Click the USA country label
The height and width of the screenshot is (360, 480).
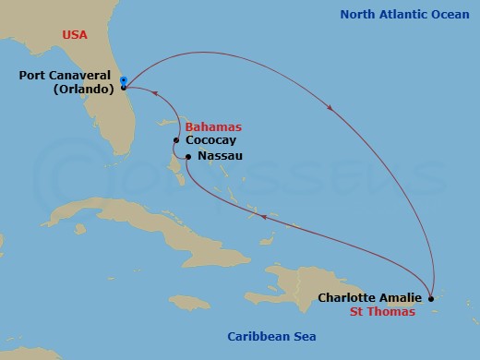pyautogui.click(x=76, y=34)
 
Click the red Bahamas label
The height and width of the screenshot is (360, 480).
pyautogui.click(x=213, y=126)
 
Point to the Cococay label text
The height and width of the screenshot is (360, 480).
pyautogui.click(x=210, y=140)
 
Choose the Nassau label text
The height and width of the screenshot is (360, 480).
pyautogui.click(x=220, y=158)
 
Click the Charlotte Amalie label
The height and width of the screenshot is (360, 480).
pyautogui.click(x=370, y=298)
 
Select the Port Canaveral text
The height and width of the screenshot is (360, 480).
pyautogui.click(x=66, y=76)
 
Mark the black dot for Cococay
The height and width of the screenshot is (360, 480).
pyautogui.click(x=176, y=140)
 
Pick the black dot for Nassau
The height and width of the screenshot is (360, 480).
pyautogui.click(x=187, y=157)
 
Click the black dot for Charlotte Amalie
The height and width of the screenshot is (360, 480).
pyautogui.click(x=431, y=297)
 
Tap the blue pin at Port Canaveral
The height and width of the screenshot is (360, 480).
pyautogui.click(x=123, y=80)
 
